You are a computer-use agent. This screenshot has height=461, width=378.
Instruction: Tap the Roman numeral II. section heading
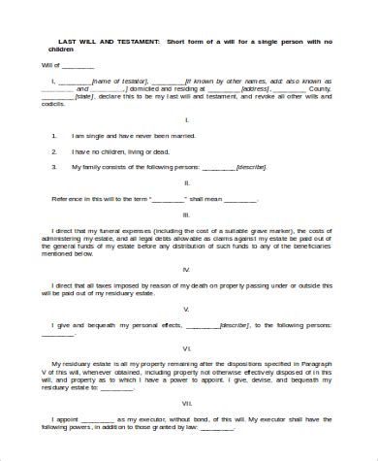pyautogui.click(x=186, y=181)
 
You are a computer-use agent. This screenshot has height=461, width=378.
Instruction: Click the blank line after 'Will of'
pyautogui.click(x=79, y=66)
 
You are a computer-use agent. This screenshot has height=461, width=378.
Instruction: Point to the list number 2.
pyautogui.click(x=54, y=152)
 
